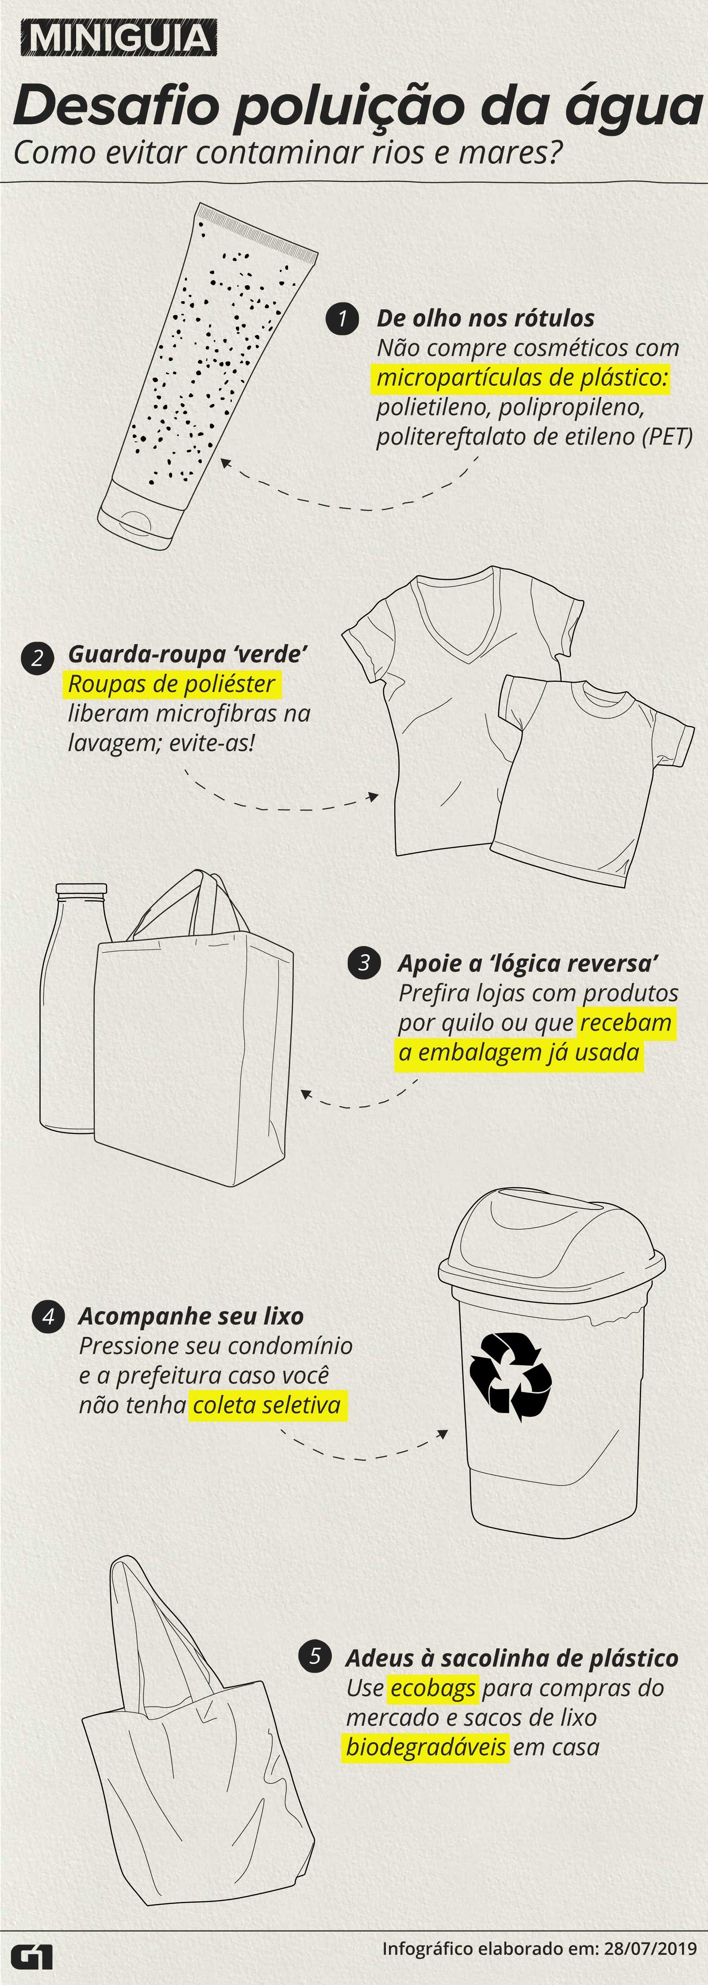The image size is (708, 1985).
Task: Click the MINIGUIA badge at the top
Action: coord(118,38)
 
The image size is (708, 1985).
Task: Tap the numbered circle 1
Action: coord(342,318)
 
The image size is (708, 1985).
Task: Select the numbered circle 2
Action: coord(37,658)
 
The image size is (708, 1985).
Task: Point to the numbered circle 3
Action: coord(364,963)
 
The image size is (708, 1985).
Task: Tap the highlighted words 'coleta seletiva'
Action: coord(266,1405)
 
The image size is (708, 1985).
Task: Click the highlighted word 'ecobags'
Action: coord(433,1688)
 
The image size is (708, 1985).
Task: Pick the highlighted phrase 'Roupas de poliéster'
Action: coord(172,683)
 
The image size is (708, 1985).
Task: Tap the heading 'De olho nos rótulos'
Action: coord(485,318)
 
